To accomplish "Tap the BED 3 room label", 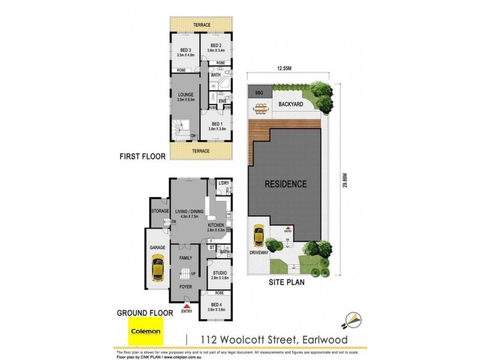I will click(x=185, y=50).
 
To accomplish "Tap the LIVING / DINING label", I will click(x=189, y=212).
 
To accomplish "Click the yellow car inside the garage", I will click(x=158, y=268).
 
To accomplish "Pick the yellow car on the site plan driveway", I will click(x=259, y=235).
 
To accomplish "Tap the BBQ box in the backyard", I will click(x=260, y=94).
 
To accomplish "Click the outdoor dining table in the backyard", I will click(x=262, y=108).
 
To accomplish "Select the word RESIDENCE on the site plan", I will click(x=287, y=184).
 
